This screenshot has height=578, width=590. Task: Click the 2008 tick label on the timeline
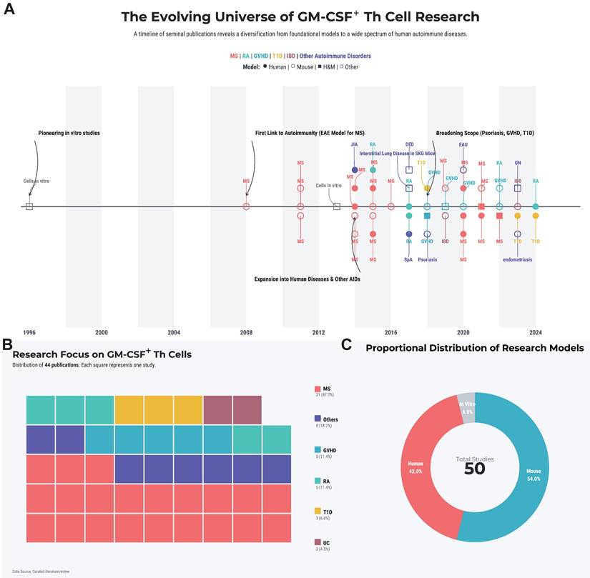coord(246,332)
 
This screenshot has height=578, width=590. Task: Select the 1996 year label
coord(29,332)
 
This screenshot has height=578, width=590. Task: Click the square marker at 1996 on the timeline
coord(29,206)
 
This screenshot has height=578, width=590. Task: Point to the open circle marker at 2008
coord(246,206)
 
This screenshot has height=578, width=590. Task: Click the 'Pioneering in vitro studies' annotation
coord(69,133)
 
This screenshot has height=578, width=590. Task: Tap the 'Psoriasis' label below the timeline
coord(428,260)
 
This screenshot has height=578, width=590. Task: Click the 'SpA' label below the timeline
coord(408,260)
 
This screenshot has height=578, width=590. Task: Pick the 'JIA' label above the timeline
coord(354,144)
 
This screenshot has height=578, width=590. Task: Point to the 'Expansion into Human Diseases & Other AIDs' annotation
coord(308,279)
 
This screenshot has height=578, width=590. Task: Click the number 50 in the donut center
coord(475,469)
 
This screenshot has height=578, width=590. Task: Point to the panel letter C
coord(347,345)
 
